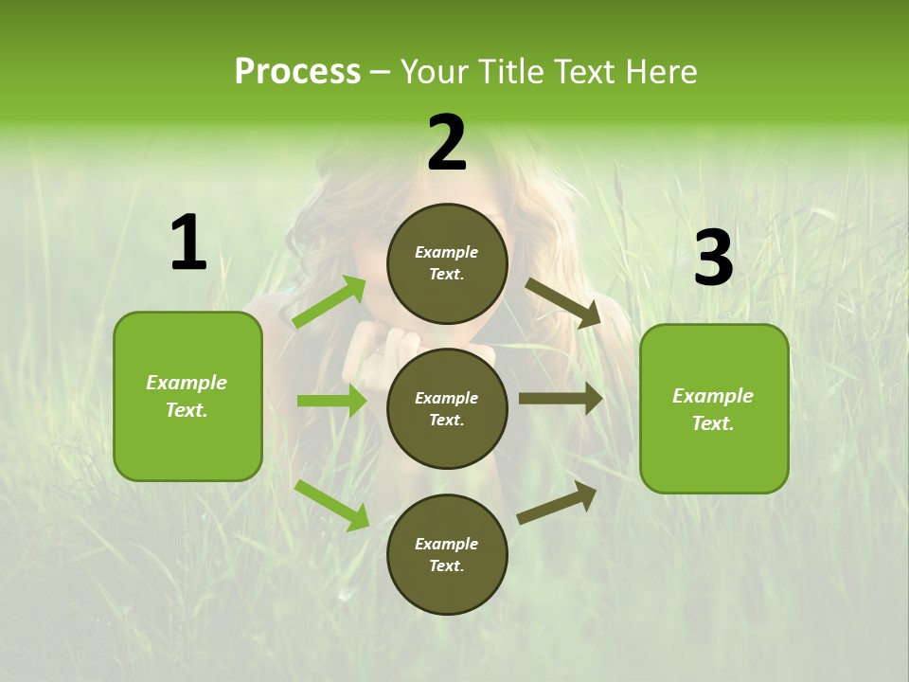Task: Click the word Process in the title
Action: (x=297, y=71)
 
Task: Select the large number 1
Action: (x=188, y=243)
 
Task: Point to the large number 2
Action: (x=447, y=144)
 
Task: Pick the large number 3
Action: (x=713, y=258)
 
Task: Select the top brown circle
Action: (x=447, y=263)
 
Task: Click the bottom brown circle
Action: (x=447, y=555)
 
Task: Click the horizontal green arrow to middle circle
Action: (x=331, y=401)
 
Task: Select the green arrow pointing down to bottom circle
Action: (x=332, y=505)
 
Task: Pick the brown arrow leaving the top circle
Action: (x=564, y=303)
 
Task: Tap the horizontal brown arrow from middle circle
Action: (x=561, y=399)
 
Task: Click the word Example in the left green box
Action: (x=187, y=383)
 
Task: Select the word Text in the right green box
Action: (x=712, y=423)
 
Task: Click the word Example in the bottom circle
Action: (x=446, y=544)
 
